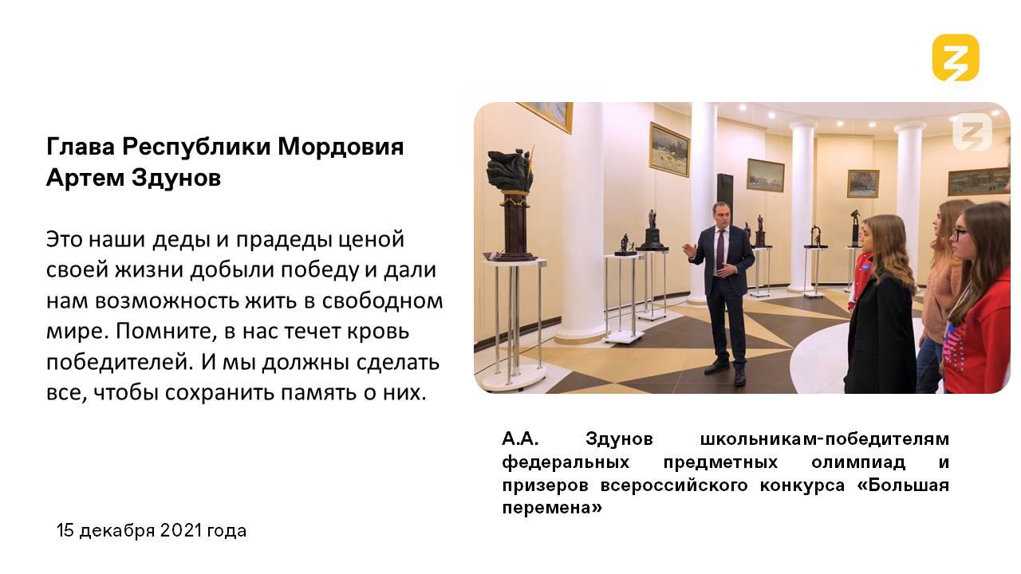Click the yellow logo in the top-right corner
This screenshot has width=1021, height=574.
point(956,58)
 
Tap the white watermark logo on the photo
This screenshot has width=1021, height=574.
point(972,132)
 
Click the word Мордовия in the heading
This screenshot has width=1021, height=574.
point(341,147)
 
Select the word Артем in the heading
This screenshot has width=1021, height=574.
point(85,177)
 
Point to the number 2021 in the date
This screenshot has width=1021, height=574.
point(181,530)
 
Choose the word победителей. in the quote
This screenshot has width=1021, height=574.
point(117,362)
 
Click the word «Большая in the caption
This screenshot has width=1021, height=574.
point(903,485)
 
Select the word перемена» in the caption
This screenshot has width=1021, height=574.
point(552,508)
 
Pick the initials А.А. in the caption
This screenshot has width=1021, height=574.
point(520,438)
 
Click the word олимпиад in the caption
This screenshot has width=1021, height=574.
point(858,462)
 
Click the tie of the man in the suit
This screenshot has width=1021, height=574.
point(720,249)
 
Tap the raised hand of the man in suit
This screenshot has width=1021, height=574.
point(690,250)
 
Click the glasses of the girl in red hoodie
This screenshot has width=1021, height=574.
point(960,234)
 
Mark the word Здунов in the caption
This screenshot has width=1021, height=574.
point(619,438)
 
